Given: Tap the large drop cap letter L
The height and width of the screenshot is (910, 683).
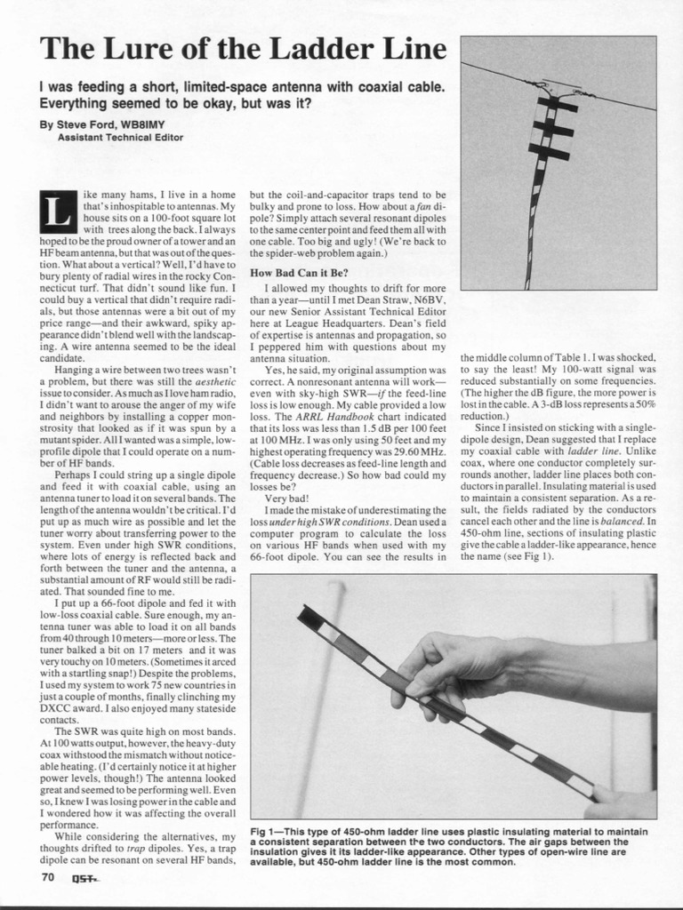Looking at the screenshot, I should [54, 212].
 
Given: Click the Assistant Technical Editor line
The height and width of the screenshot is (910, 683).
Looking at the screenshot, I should [120, 138].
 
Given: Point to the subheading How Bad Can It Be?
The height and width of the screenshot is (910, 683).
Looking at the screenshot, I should [299, 272].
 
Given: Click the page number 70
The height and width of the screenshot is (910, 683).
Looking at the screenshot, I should [48, 877].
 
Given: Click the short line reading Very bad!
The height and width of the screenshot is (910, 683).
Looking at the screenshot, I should [286, 499].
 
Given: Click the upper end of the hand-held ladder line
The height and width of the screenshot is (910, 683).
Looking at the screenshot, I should [307, 613].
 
